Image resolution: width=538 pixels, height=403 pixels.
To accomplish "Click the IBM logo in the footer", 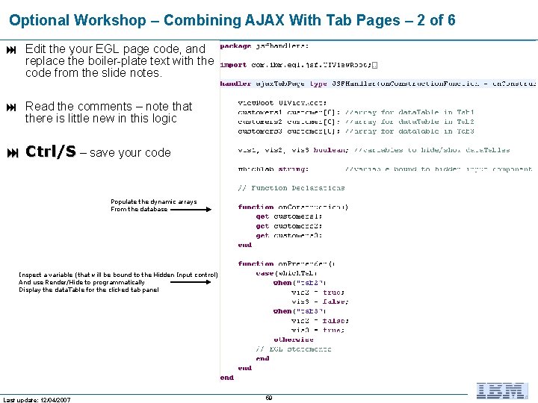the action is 503,390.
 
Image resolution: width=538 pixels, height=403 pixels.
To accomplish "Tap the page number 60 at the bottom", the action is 269,398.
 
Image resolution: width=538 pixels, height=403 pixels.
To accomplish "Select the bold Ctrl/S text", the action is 50,152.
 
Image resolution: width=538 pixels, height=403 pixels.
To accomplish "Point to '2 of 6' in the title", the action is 431,20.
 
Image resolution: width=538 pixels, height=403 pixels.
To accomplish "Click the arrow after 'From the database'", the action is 191,210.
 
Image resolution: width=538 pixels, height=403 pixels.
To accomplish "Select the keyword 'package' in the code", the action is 235,46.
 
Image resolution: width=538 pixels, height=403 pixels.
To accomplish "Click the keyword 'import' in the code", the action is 232,64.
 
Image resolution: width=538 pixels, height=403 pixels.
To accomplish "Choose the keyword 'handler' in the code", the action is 235,84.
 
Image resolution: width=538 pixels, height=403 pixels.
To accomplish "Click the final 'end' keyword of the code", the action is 226,378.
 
